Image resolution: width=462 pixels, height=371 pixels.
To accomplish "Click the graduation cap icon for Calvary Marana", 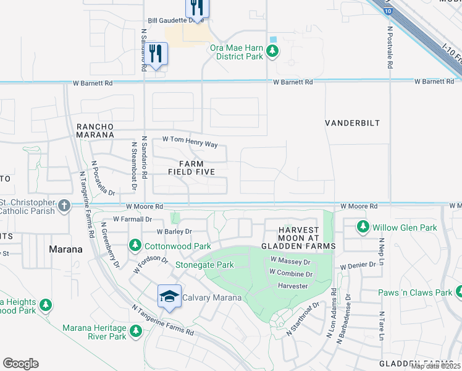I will click(169, 296).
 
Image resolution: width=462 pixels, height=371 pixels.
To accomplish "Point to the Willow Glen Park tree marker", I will click(363, 228).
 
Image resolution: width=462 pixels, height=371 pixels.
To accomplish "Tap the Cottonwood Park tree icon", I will click(134, 245).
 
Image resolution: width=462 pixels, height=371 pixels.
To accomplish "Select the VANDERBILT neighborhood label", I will click(352, 123).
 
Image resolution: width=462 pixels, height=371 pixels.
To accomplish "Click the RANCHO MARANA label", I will click(95, 130).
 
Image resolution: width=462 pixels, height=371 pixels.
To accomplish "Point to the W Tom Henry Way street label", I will click(190, 143).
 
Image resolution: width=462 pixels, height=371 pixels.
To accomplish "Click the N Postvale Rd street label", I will click(390, 50).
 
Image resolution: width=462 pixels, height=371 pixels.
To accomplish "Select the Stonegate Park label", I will click(204, 265).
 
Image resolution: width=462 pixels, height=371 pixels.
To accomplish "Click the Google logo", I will click(20, 364).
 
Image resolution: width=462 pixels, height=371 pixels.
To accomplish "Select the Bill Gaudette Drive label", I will click(175, 20).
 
